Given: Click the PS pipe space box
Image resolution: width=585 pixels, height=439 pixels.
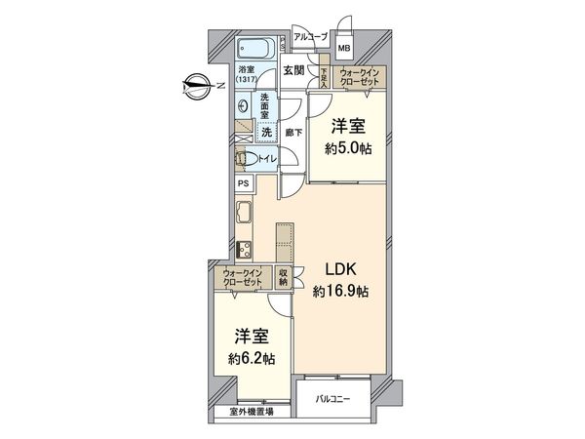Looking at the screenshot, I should [x=243, y=183].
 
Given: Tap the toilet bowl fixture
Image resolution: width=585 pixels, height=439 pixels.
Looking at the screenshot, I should [x=247, y=158].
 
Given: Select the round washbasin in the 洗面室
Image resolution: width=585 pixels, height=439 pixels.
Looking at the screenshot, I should [x=244, y=105].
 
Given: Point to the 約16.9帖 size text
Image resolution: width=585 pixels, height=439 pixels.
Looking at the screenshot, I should [x=340, y=290].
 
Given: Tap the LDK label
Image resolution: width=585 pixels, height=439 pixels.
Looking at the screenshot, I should [x=339, y=268].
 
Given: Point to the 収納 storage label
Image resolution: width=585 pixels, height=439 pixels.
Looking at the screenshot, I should [x=283, y=278].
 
